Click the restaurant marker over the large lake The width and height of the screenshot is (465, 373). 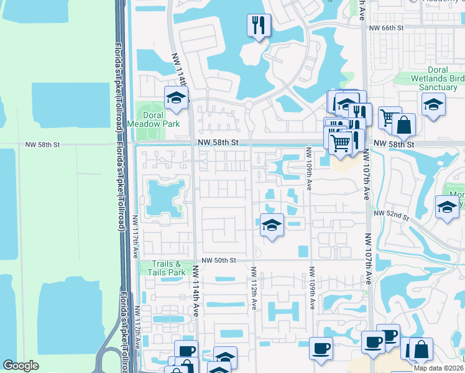(258, 26)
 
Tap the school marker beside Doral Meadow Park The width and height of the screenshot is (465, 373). (176, 98)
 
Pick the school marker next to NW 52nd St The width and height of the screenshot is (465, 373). (446, 208)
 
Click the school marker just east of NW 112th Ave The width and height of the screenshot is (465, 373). (271, 225)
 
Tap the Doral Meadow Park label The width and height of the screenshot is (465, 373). (145, 119)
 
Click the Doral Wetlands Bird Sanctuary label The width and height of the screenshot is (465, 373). (438, 79)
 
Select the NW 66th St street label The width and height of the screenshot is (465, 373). (386, 29)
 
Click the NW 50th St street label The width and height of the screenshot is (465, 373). (219, 260)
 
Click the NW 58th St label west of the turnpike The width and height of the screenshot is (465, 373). (42, 144)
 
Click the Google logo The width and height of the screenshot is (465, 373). (21, 366)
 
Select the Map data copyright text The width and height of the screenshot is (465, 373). (438, 368)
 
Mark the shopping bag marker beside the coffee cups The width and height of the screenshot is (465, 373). (421, 349)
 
